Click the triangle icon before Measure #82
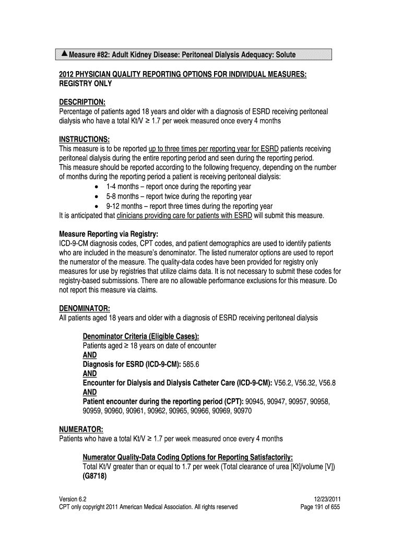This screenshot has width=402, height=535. tap(64, 54)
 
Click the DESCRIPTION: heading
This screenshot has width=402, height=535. tap(82, 102)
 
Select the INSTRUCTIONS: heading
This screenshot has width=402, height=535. tap(84, 139)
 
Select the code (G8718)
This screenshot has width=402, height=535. tap(95, 476)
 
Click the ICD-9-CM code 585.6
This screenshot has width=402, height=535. tap(207, 364)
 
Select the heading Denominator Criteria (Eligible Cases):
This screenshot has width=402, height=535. tap(141, 336)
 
